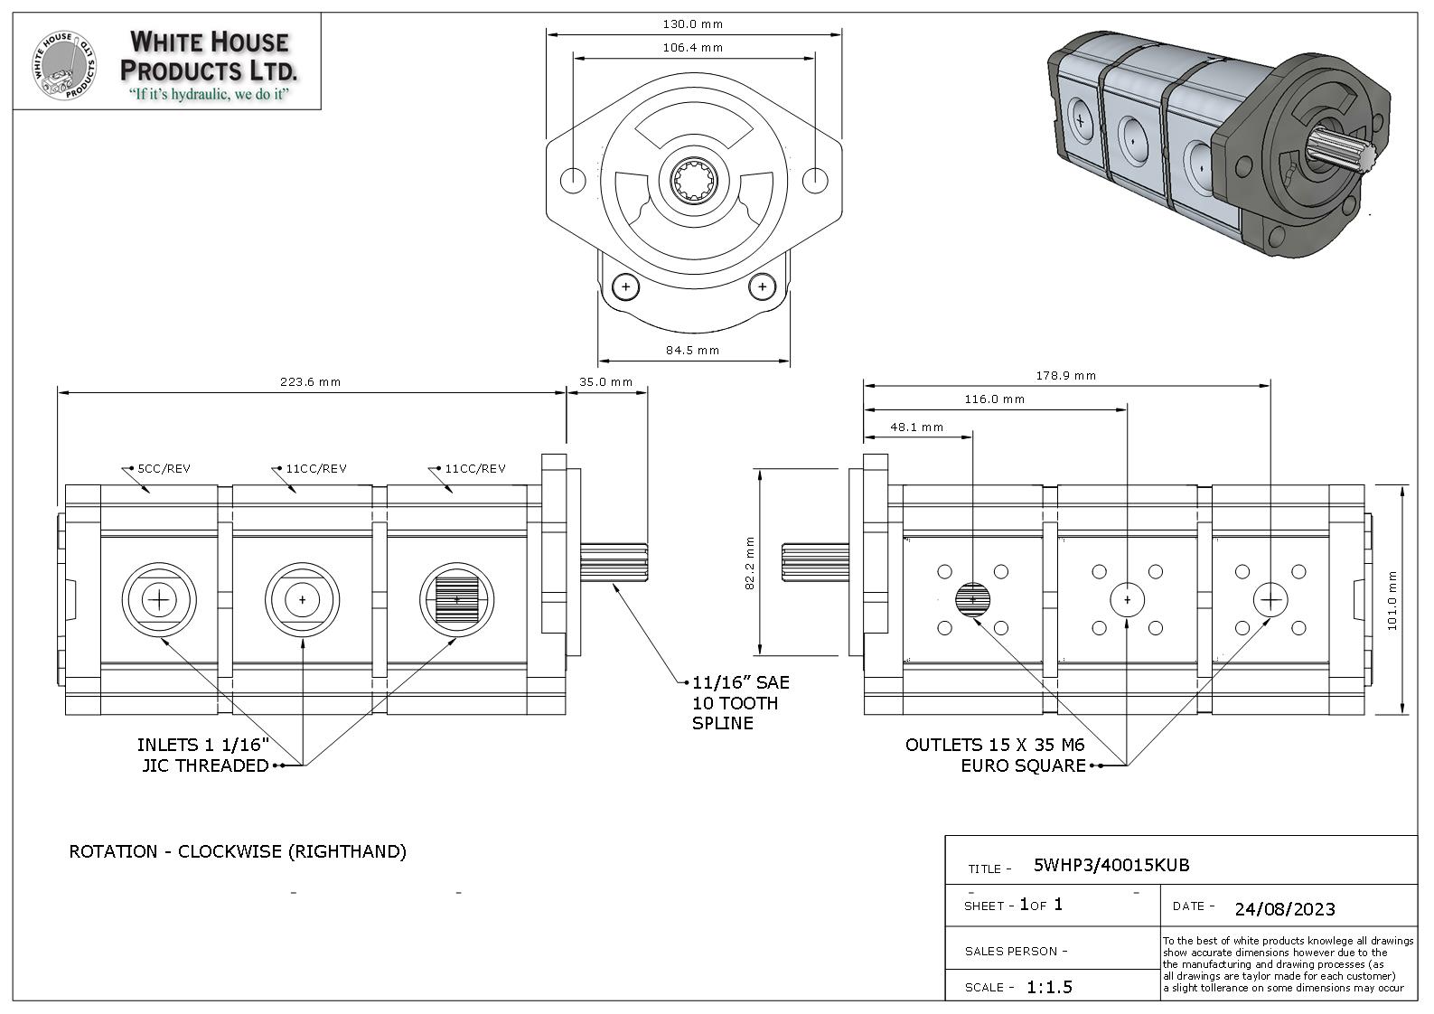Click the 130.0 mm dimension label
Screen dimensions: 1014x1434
coord(692,24)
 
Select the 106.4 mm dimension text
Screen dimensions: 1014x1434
coord(692,48)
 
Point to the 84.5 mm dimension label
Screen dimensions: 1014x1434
coord(692,350)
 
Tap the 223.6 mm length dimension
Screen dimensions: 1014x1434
coord(310,382)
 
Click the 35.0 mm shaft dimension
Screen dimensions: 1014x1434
coord(605,382)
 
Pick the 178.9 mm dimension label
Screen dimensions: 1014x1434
coord(1065,376)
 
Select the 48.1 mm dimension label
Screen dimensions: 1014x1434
coord(916,427)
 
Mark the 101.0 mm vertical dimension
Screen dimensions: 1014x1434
coord(1392,600)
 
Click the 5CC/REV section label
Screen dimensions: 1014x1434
coord(164,469)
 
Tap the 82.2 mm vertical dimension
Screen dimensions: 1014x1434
coord(750,562)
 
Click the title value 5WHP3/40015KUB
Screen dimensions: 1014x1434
coord(1111,866)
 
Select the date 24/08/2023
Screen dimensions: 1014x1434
coord(1285,909)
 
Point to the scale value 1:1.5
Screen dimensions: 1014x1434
coord(1049,987)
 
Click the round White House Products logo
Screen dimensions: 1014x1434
coord(65,64)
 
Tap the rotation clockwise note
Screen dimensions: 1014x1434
coord(238,852)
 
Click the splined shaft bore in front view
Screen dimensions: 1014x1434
coord(694,180)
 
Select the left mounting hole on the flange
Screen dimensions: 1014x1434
coord(574,180)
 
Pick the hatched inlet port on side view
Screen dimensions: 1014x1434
coord(456,599)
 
